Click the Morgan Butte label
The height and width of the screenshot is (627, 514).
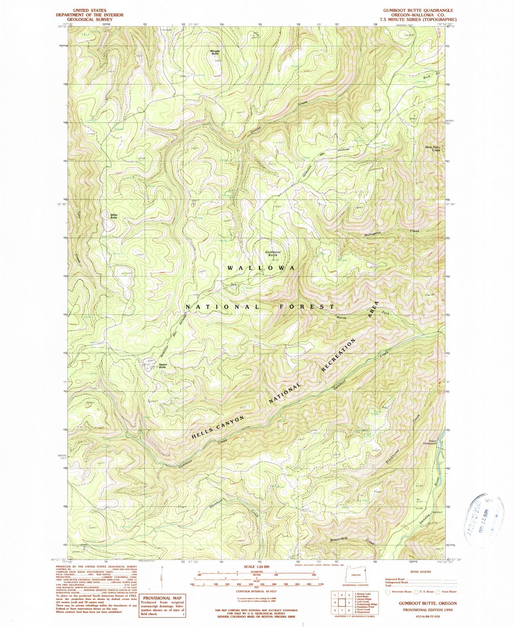215,52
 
